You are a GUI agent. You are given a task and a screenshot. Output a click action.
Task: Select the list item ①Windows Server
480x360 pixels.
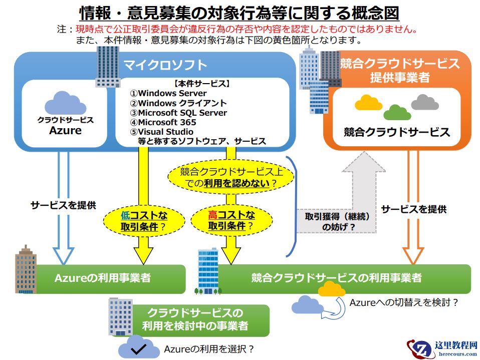pyautogui.click(x=168, y=93)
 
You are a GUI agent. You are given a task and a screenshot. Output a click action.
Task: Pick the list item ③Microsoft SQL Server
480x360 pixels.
pyautogui.click(x=178, y=113)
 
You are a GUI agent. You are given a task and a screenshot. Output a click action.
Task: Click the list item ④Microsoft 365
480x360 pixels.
pyautogui.click(x=163, y=122)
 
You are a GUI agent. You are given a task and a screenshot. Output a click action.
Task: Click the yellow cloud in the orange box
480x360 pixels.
pyautogui.click(x=369, y=103)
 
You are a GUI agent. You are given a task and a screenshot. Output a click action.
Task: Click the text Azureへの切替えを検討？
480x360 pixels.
pyautogui.click(x=404, y=302)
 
